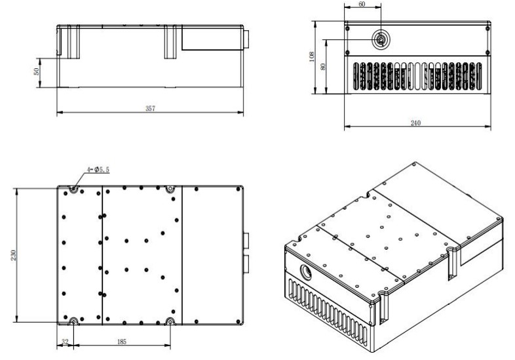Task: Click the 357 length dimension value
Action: tap(150, 108)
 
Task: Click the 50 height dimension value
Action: tap(37, 71)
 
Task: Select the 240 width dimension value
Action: tap(415, 123)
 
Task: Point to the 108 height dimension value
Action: tap(312, 56)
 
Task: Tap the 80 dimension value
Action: tap(323, 66)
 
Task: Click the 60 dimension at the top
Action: tap(362, 5)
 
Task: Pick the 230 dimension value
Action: tap(14, 255)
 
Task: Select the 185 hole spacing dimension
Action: tap(121, 342)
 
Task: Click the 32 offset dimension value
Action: tap(65, 342)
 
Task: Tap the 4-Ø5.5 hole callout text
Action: tap(98, 170)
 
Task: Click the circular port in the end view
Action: tap(381, 40)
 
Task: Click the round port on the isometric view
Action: tap(306, 272)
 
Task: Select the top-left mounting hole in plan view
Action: tap(73, 189)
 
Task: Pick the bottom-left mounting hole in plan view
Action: tap(73, 321)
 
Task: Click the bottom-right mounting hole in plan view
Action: tap(170, 321)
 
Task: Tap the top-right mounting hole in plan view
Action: tap(170, 189)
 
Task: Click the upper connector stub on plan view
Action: tap(246, 241)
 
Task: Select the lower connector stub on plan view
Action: tap(246, 265)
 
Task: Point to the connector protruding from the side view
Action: tap(246, 39)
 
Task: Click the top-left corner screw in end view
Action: tap(347, 29)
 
